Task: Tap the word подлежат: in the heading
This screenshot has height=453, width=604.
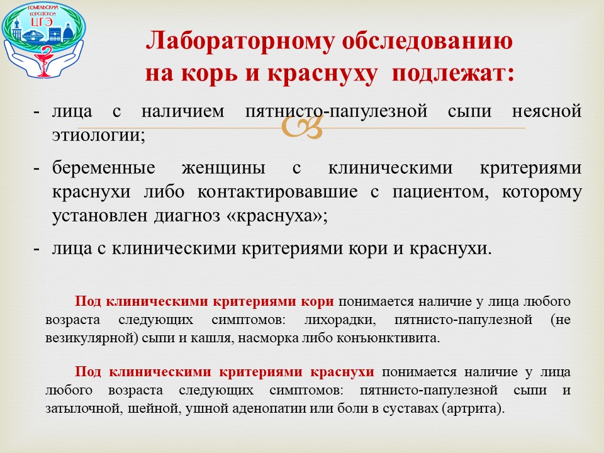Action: [x=453, y=73]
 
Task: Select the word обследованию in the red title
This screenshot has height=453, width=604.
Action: [x=427, y=40]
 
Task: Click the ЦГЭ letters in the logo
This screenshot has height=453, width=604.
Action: [x=42, y=22]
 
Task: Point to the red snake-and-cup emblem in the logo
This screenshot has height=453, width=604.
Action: [x=46, y=59]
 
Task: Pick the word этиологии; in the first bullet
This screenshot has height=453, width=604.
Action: [x=99, y=135]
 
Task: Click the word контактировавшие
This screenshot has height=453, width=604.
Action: [x=277, y=192]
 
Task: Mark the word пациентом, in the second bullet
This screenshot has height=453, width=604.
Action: [x=440, y=193]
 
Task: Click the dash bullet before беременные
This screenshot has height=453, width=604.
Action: [x=37, y=169]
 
